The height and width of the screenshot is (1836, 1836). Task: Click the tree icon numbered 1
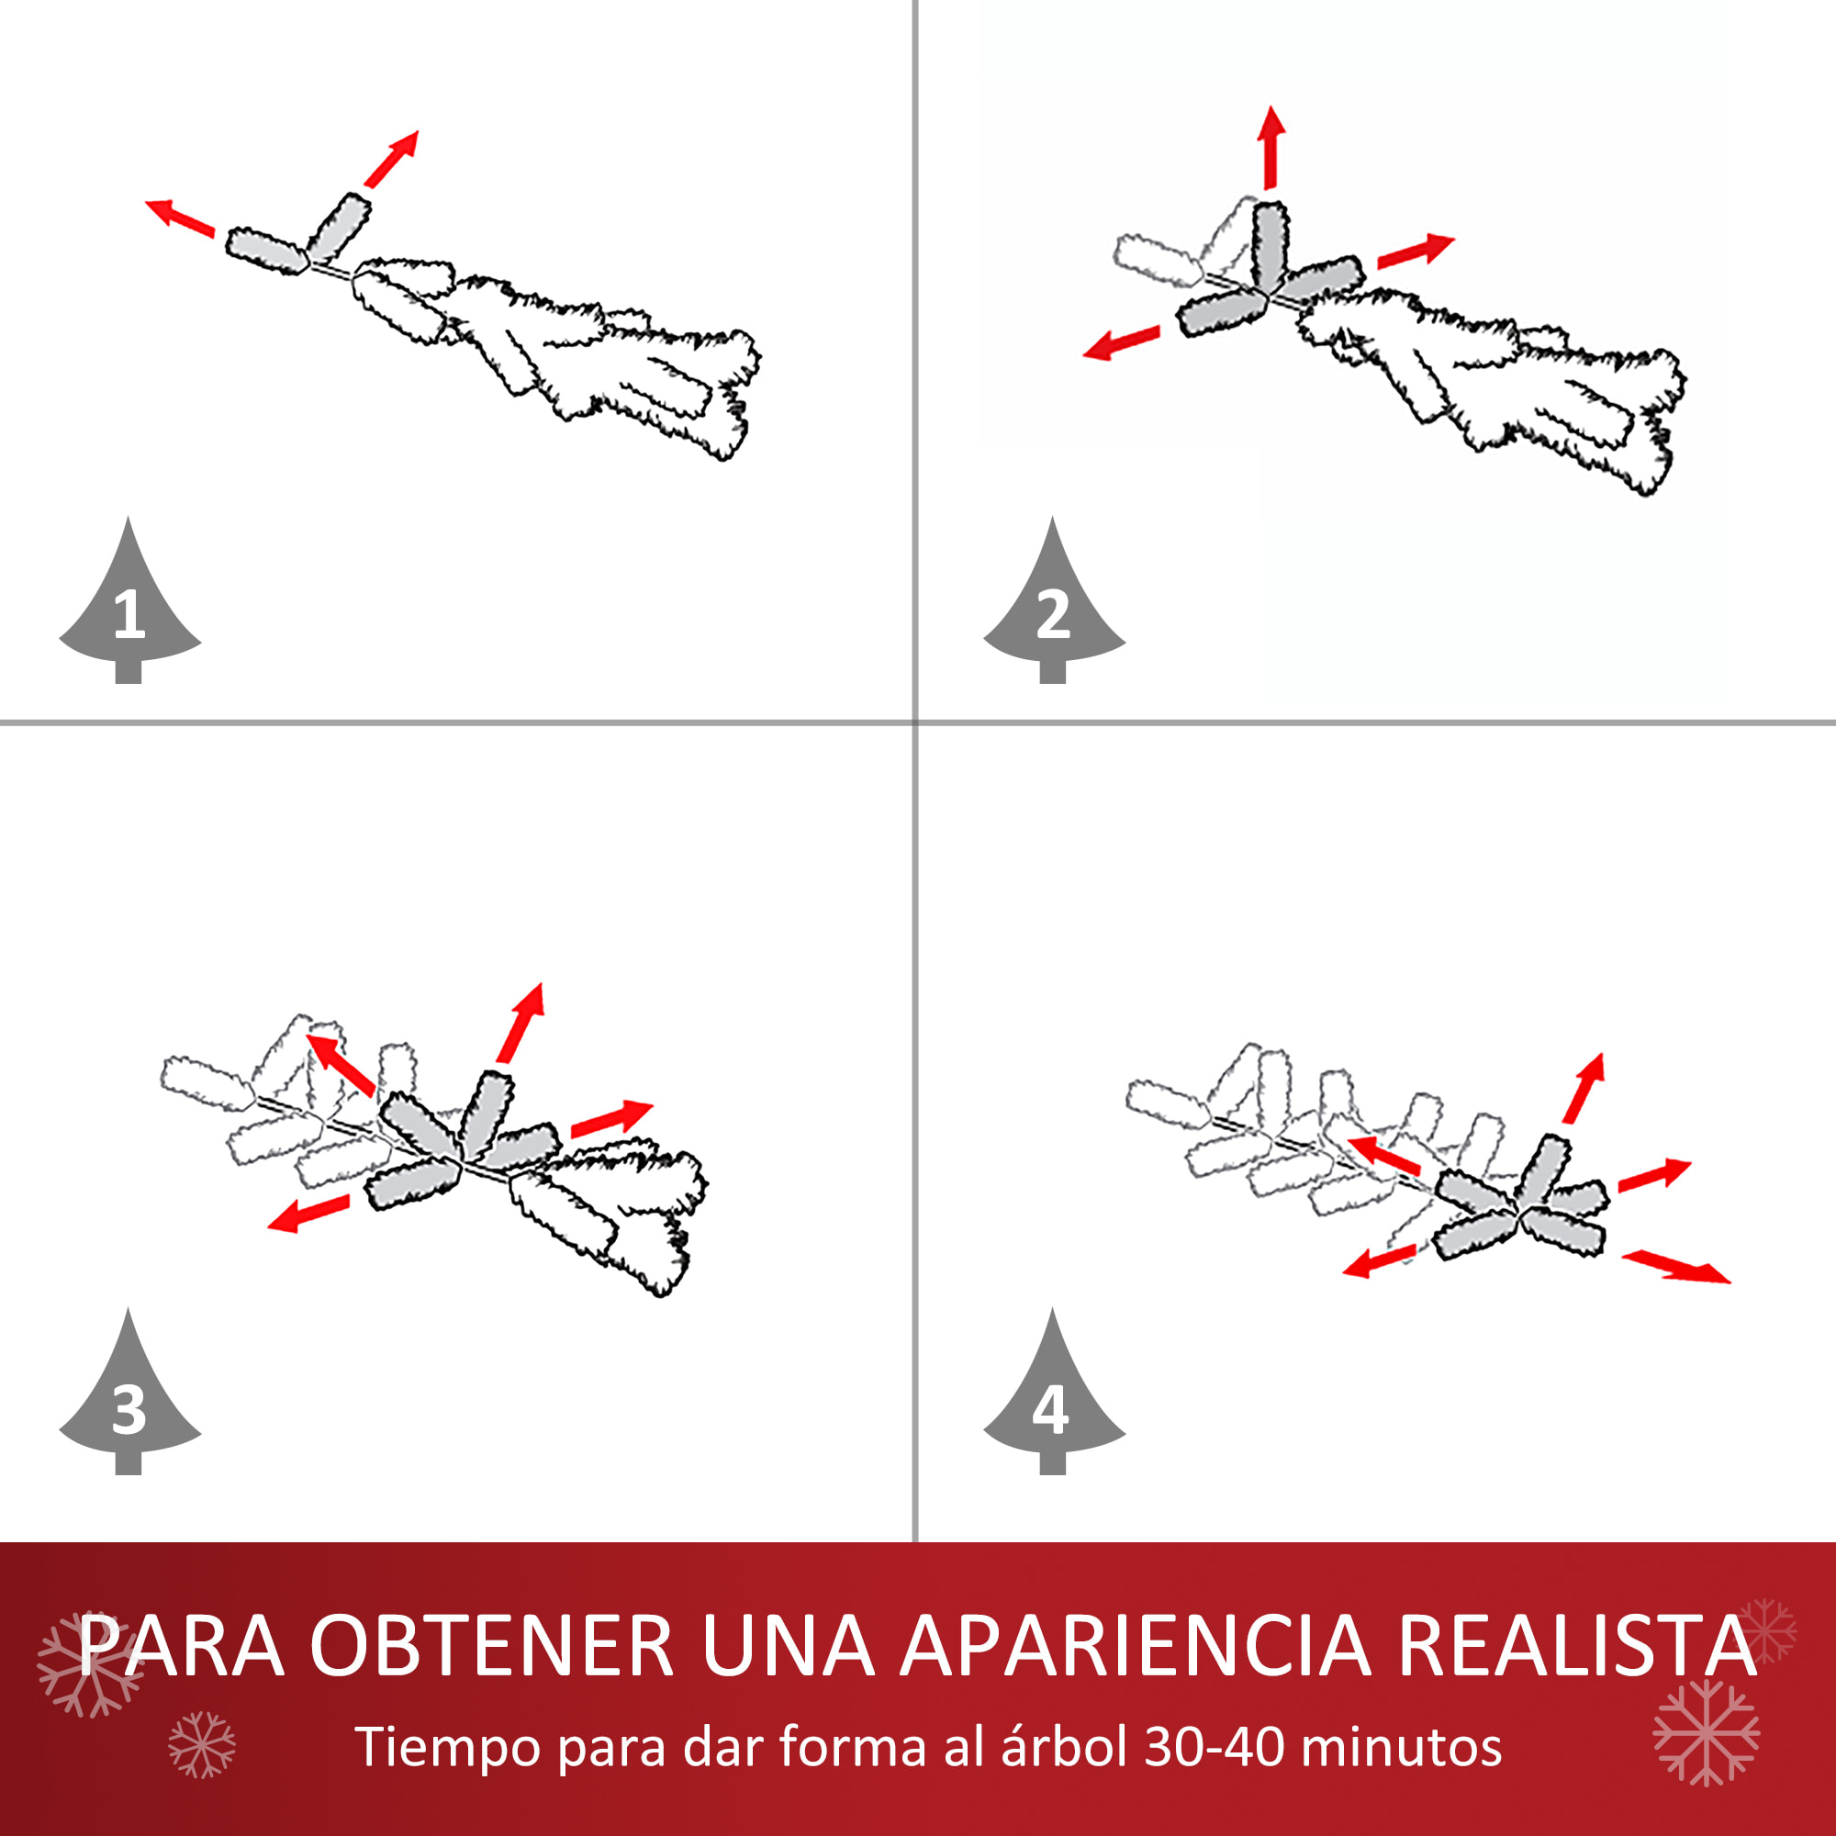(129, 609)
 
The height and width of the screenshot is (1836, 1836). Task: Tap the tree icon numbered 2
(1053, 609)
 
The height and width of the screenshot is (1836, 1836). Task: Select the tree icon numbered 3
(129, 1401)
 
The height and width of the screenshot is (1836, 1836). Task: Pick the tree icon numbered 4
(1053, 1401)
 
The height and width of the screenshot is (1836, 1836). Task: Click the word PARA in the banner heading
(182, 1646)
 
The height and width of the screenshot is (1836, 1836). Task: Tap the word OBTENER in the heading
(491, 1646)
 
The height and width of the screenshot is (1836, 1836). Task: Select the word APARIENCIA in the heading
(1136, 1646)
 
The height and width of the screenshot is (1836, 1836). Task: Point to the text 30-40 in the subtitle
(1214, 1747)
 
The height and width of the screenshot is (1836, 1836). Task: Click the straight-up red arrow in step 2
(1271, 147)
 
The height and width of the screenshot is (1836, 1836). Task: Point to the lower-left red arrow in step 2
(1122, 343)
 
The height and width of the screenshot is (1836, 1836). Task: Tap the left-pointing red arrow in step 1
(180, 218)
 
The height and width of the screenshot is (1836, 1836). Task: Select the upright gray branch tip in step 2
(1271, 246)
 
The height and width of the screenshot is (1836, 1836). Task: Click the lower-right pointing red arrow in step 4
(1675, 1268)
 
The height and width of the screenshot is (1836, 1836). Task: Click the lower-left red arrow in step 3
(308, 1214)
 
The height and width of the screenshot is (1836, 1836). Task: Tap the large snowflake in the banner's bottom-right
(1707, 1731)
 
